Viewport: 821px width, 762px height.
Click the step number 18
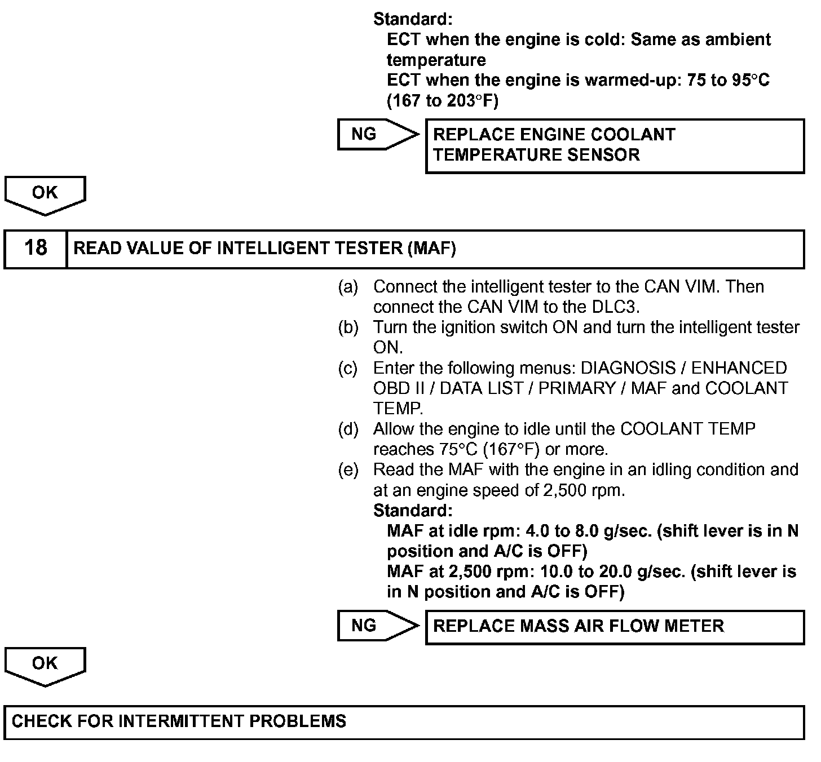[36, 249]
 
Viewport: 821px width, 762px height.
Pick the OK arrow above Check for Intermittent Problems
[45, 666]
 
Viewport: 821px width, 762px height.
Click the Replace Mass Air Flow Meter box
[615, 626]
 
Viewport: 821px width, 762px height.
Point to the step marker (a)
[348, 287]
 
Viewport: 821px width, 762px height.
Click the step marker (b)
[348, 327]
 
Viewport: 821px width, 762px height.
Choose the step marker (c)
[348, 369]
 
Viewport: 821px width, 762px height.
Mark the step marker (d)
[348, 429]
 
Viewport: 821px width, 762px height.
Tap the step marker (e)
[348, 470]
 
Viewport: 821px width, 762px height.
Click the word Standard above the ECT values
[413, 19]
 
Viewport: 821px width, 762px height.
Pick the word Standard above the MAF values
[413, 511]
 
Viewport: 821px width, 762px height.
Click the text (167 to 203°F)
[443, 101]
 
